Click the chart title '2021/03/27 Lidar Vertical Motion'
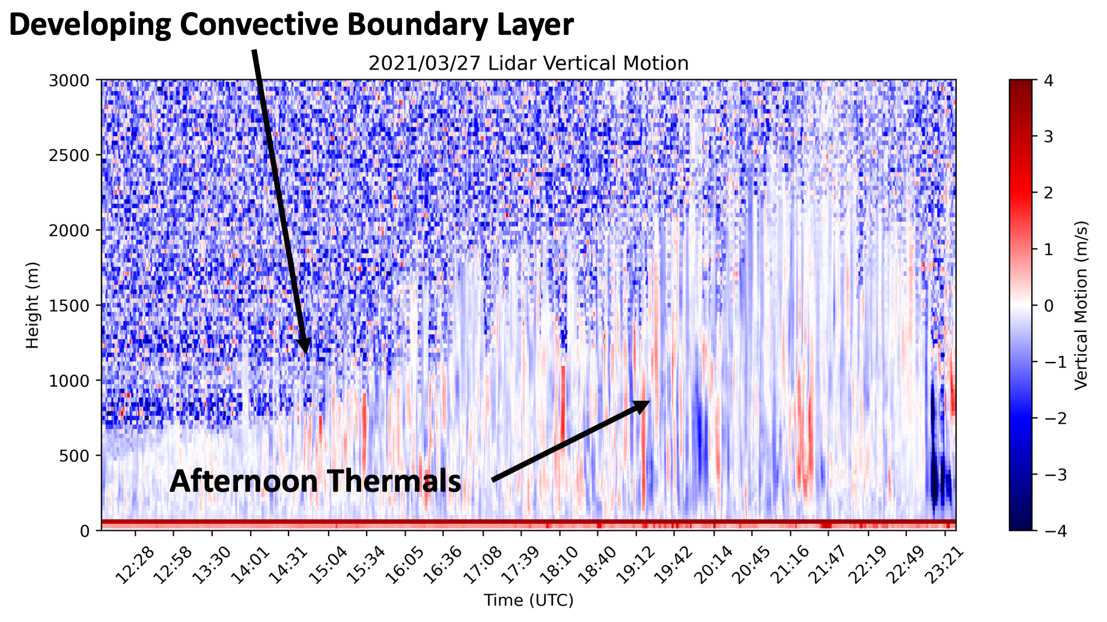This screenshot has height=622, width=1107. click(528, 64)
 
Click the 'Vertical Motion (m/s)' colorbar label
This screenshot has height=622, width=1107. click(1081, 305)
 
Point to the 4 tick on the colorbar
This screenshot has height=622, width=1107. click(1049, 80)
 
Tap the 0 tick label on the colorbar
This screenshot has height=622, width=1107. click(1049, 306)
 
